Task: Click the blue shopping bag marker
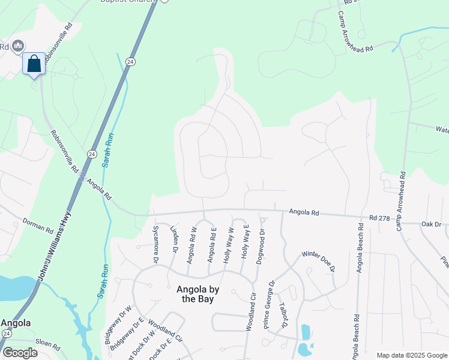pos(34,64)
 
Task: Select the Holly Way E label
pos(246,242)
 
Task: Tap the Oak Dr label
pos(430,224)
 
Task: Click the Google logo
pos(20,352)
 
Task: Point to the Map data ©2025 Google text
pos(411,355)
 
